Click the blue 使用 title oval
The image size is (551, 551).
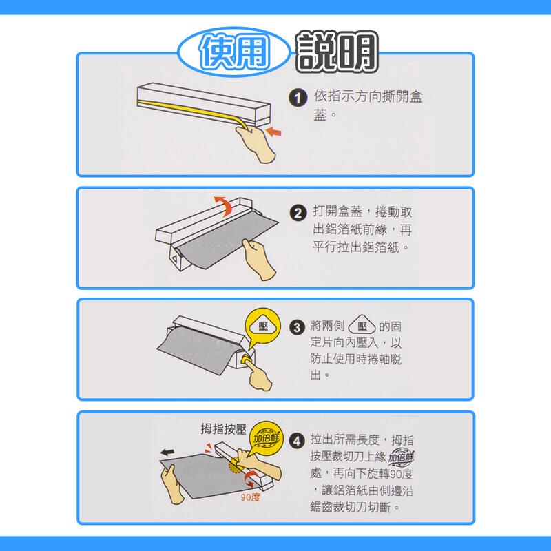tap(234, 52)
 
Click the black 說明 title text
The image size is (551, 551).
tap(337, 52)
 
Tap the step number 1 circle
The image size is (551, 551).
tap(298, 98)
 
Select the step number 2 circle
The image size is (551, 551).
tap(298, 214)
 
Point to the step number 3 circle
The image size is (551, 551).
tap(297, 327)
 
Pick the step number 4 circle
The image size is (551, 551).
tap(297, 441)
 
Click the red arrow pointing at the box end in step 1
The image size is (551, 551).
tap(273, 132)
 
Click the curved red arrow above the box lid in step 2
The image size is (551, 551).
tap(224, 205)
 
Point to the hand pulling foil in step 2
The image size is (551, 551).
tap(259, 260)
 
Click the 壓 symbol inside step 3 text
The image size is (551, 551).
tap(362, 325)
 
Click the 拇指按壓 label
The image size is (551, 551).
tap(223, 428)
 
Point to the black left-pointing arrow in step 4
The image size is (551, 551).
tap(167, 452)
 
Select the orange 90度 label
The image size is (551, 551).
tap(251, 497)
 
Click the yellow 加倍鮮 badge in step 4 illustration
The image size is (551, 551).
tap(267, 437)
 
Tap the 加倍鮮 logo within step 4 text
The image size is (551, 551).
tap(402, 457)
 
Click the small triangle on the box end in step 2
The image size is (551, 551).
tap(175, 260)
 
